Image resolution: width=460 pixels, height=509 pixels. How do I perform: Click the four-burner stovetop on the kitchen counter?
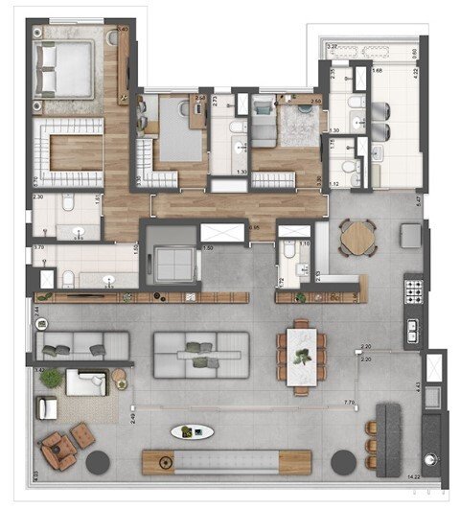pos(414,288)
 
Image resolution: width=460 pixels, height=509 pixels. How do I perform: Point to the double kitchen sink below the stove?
pos(414,330)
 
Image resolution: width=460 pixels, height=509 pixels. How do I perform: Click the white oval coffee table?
pos(193,432)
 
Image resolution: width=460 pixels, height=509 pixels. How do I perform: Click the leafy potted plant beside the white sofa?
pos(50,381)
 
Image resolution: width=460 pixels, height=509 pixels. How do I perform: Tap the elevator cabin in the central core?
pos(172,257)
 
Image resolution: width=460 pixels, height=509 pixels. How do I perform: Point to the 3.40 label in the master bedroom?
pos(122,30)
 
